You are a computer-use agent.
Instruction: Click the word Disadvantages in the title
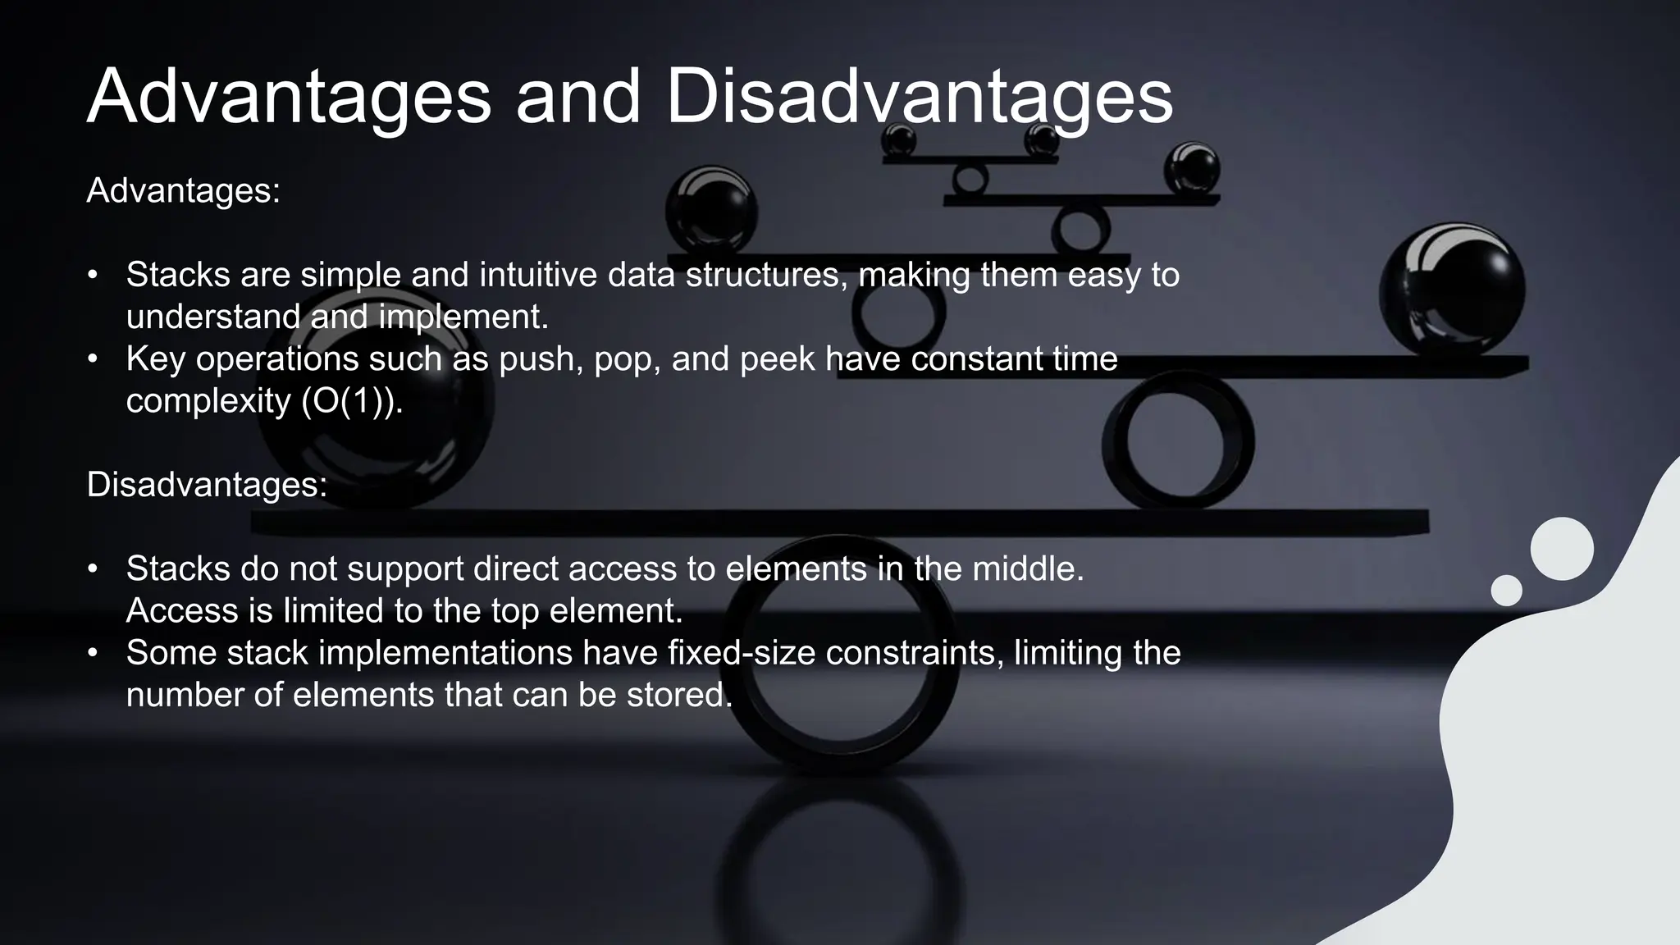pyautogui.click(x=919, y=97)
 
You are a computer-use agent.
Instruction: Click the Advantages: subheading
pyautogui.click(x=183, y=191)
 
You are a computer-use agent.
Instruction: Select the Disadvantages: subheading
pyautogui.click(x=207, y=485)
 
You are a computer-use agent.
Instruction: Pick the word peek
pyautogui.click(x=777, y=359)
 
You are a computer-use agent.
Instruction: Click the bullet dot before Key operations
pyautogui.click(x=94, y=359)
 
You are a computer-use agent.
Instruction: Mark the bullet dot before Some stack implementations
pyautogui.click(x=94, y=653)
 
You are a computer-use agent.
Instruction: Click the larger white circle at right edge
pyautogui.click(x=1562, y=549)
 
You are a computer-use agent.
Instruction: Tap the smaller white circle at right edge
pyautogui.click(x=1506, y=591)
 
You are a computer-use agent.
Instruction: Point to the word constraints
pyautogui.click(x=914, y=653)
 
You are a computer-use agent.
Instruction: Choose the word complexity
pyautogui.click(x=208, y=401)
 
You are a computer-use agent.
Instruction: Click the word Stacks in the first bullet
pyautogui.click(x=178, y=275)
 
